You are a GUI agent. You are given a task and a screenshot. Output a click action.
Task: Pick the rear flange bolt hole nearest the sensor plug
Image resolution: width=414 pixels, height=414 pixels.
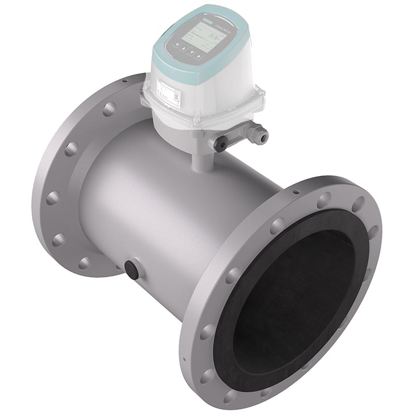click(83, 262)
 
